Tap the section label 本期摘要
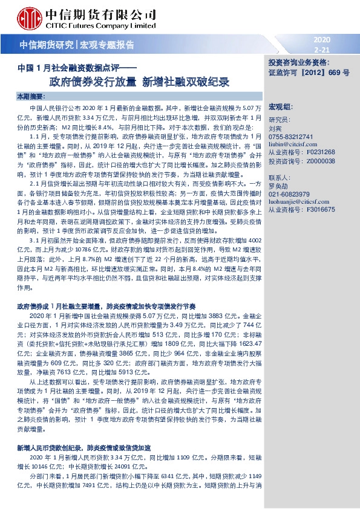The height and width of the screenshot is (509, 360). point(30,97)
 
